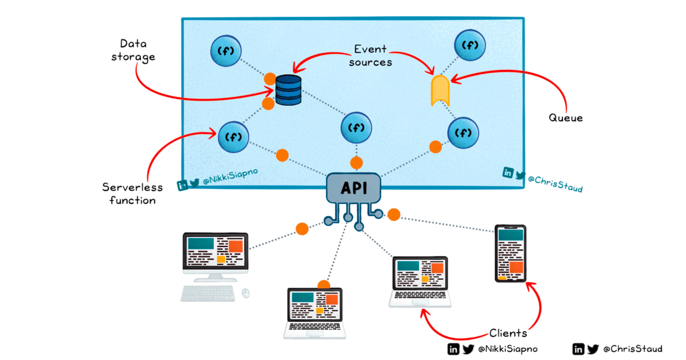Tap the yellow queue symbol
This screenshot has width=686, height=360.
pos(440,90)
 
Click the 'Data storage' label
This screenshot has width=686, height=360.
pos(133,50)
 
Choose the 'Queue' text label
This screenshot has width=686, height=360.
pos(565,118)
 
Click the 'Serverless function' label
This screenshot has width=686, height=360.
pos(132,193)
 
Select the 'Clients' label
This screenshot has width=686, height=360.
pos(508,333)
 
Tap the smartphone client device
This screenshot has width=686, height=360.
pos(510,253)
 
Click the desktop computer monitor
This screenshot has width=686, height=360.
pos(215,253)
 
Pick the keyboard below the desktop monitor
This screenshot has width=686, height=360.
pos(208,293)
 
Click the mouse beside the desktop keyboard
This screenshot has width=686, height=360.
pos(245,293)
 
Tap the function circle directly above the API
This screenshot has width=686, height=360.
pos(356,128)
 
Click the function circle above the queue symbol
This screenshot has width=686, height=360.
pos(469,45)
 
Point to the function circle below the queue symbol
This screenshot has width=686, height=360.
pos(463,132)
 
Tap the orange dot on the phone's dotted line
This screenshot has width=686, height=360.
pos(393,215)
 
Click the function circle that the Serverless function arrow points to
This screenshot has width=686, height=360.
pos(233,136)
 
